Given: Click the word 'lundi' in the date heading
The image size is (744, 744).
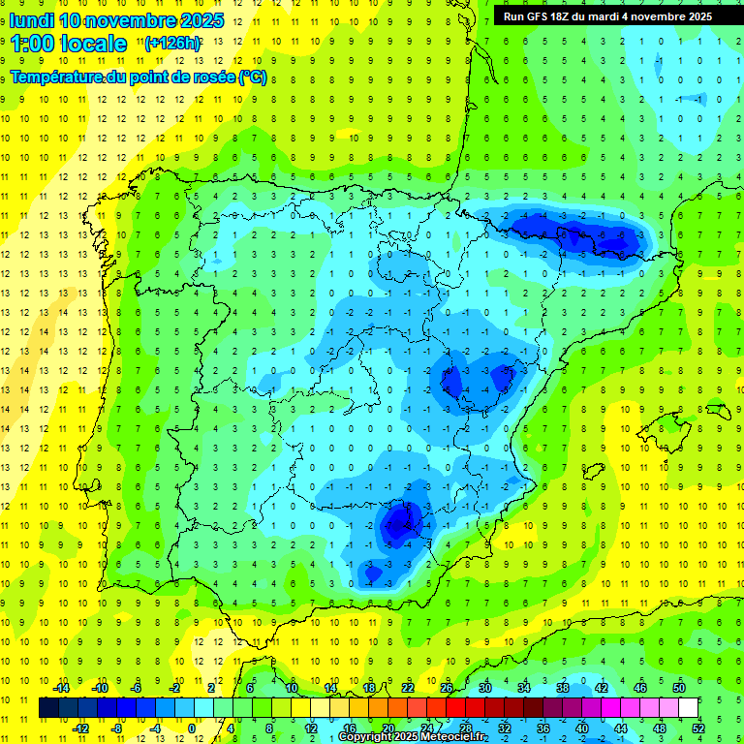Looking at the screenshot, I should (32, 20).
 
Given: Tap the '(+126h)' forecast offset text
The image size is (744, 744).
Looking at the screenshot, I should (172, 44).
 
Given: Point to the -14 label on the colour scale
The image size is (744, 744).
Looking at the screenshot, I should (60, 688).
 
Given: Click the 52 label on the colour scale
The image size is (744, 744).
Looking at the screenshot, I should (698, 728).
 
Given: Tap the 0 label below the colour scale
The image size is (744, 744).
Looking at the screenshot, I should (191, 728).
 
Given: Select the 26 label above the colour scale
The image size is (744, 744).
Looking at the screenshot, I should (447, 688).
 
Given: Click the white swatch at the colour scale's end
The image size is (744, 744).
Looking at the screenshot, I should (688, 707).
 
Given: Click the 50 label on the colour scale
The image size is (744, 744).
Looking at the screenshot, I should (679, 688).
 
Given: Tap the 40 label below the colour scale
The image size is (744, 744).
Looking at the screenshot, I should (581, 728).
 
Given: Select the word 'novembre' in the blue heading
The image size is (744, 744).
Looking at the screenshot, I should (128, 20).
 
